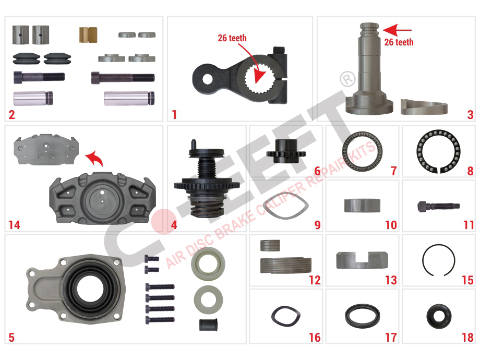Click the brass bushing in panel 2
point(88,34)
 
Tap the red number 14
point(14,225)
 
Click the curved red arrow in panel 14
point(94,158)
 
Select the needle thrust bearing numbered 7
point(362,151)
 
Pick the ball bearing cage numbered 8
point(438,151)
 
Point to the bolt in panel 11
point(438,206)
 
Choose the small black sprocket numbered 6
point(286,151)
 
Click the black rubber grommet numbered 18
point(439,316)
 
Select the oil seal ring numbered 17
point(363,316)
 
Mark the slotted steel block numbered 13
point(362,260)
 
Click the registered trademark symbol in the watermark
point(347,79)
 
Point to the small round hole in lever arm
point(207,79)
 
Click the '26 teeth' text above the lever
point(232,38)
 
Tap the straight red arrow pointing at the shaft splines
point(397,30)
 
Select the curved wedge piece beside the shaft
point(424,107)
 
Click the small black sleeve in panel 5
point(209,325)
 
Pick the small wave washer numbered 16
point(286,316)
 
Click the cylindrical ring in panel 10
point(362,206)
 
